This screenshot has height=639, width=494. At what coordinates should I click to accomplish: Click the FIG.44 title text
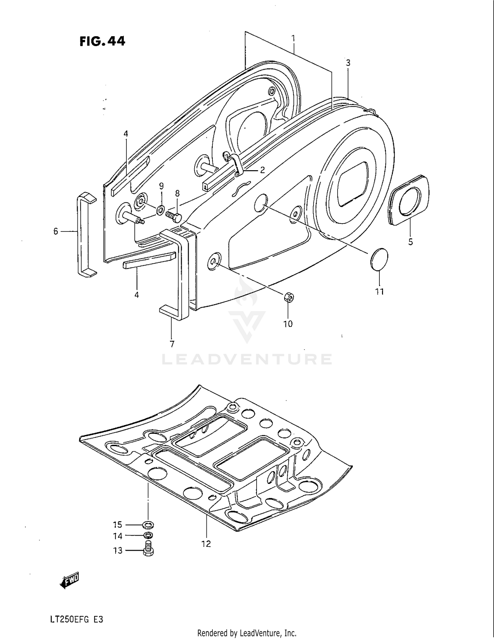(x=102, y=41)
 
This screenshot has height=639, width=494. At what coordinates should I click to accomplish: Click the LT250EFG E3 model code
(x=77, y=619)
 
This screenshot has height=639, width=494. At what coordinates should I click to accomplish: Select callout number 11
(x=379, y=291)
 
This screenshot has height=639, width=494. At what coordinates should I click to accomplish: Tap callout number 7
(x=172, y=344)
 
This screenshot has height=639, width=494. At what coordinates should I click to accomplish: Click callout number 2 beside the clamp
(x=262, y=170)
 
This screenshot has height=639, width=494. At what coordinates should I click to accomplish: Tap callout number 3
(x=348, y=63)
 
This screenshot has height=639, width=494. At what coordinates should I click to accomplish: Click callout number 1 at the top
(x=293, y=39)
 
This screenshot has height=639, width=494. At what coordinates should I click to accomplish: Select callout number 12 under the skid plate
(x=206, y=544)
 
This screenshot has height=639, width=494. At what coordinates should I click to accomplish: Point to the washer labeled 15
(x=149, y=524)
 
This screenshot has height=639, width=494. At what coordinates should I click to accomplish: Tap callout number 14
(x=118, y=536)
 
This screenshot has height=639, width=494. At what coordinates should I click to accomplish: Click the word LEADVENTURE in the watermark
(x=247, y=359)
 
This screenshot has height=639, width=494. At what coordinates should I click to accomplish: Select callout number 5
(x=410, y=242)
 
